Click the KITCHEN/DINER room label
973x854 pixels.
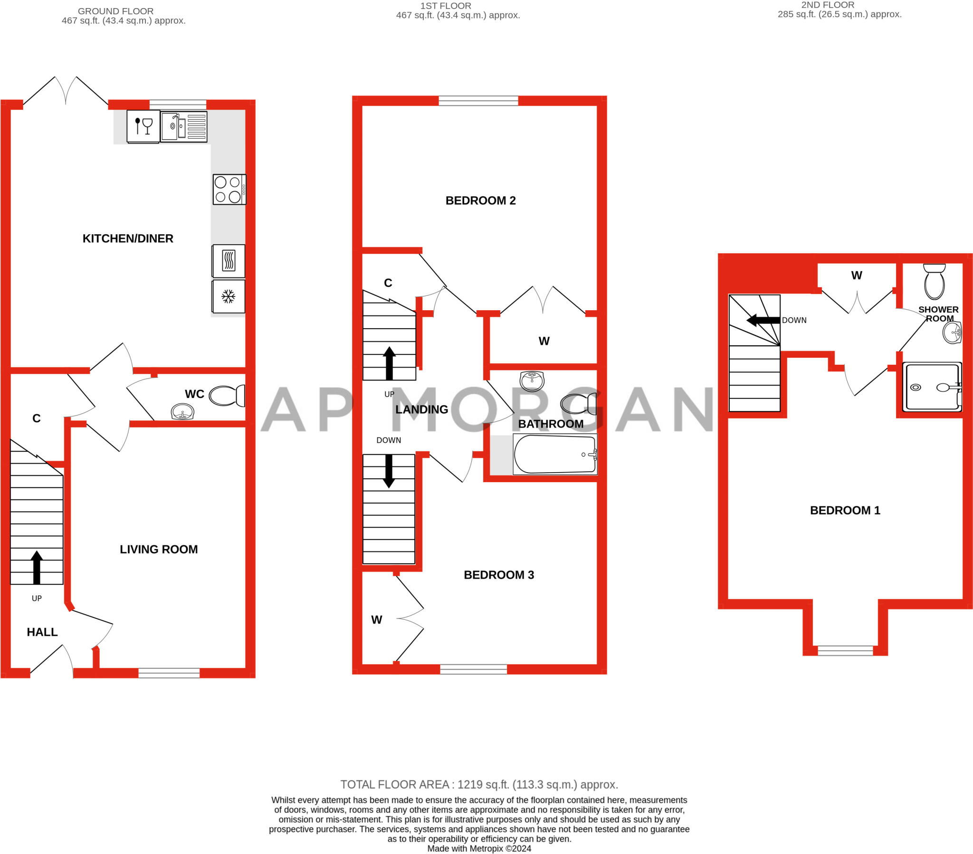point(128,238)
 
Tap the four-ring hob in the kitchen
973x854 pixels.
point(229,190)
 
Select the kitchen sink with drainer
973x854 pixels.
point(184,127)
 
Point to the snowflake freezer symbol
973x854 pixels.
point(229,296)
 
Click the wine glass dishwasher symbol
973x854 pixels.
point(143,127)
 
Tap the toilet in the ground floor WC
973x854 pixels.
point(227,396)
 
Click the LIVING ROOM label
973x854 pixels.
point(159,550)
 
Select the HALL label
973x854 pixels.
point(42,632)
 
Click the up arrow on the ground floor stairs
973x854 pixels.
point(37,567)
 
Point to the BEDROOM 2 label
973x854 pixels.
point(480,200)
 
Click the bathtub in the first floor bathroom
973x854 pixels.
point(555,454)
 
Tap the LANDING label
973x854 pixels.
point(422,409)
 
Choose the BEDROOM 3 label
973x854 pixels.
point(499,575)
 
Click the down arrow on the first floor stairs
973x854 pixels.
point(389,471)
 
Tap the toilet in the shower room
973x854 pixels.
point(935,281)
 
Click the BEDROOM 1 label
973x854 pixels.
point(845,510)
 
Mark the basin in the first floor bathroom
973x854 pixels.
point(532,381)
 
